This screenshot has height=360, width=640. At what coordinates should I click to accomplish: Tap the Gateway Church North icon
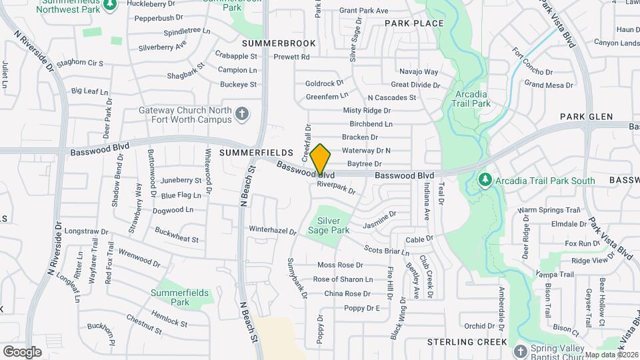pos(242,115)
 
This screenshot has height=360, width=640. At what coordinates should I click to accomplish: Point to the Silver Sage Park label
pos(329,225)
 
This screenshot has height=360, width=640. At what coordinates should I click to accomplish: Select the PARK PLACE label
pos(414,23)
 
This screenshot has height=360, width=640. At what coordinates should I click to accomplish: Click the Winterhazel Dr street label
pos(272,230)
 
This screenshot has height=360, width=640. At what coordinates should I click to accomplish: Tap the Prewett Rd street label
pos(292,57)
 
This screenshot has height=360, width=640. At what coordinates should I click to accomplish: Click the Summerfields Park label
pos(171,297)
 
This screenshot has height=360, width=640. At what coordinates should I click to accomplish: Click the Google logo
pos(22,351)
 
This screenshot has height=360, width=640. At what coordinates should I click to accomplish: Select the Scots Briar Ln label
pos(387,251)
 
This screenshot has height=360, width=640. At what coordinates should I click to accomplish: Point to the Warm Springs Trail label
pos(545,210)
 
